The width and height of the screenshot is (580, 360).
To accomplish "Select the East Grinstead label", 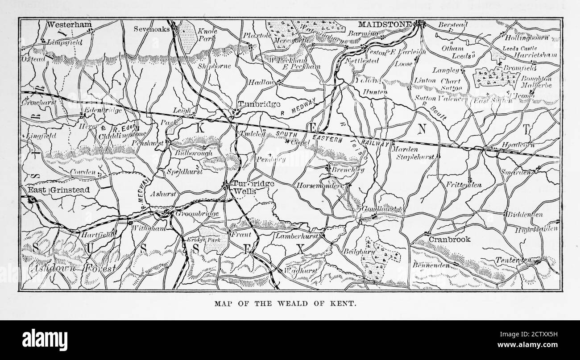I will click(58, 190).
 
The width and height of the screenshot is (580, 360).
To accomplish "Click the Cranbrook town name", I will click(450, 239).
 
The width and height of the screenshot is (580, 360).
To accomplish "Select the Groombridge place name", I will click(197, 214).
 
